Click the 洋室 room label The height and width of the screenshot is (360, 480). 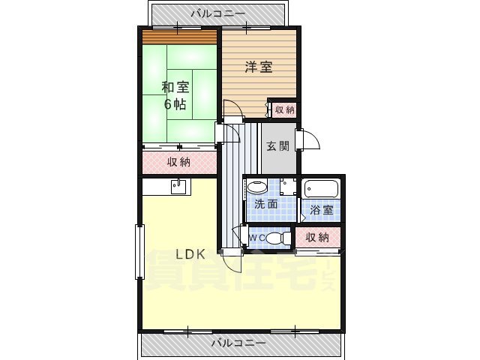click(259, 67)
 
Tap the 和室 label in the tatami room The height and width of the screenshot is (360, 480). click(175, 86)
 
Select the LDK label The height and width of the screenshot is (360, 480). click(190, 255)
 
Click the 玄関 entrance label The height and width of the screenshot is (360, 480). click(277, 146)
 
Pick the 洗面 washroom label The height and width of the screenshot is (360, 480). click(265, 204)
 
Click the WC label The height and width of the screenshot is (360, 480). click(256, 238)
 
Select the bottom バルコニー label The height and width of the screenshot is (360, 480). click(238, 343)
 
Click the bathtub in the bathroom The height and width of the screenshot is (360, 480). click(322, 188)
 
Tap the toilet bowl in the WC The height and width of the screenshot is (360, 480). click(279, 238)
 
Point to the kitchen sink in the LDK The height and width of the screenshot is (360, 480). click(179, 187)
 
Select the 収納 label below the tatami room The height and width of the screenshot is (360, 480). click(178, 161)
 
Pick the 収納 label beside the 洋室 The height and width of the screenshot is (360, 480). click(284, 109)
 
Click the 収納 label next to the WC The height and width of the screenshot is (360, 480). click(318, 237)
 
